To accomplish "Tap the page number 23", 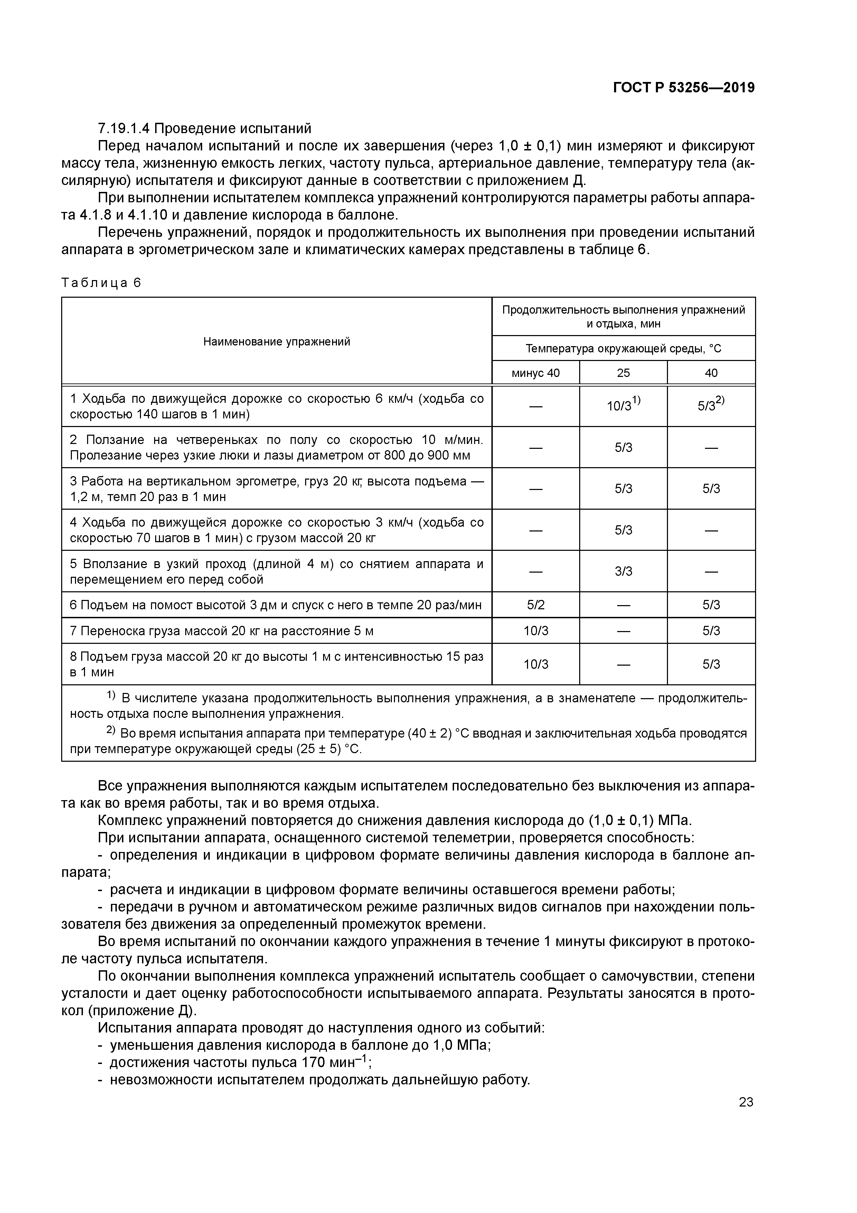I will [x=746, y=1102].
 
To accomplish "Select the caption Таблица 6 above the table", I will [x=101, y=283].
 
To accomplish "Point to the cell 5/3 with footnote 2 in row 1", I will [x=711, y=406].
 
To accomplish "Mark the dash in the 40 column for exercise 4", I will [x=711, y=530].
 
